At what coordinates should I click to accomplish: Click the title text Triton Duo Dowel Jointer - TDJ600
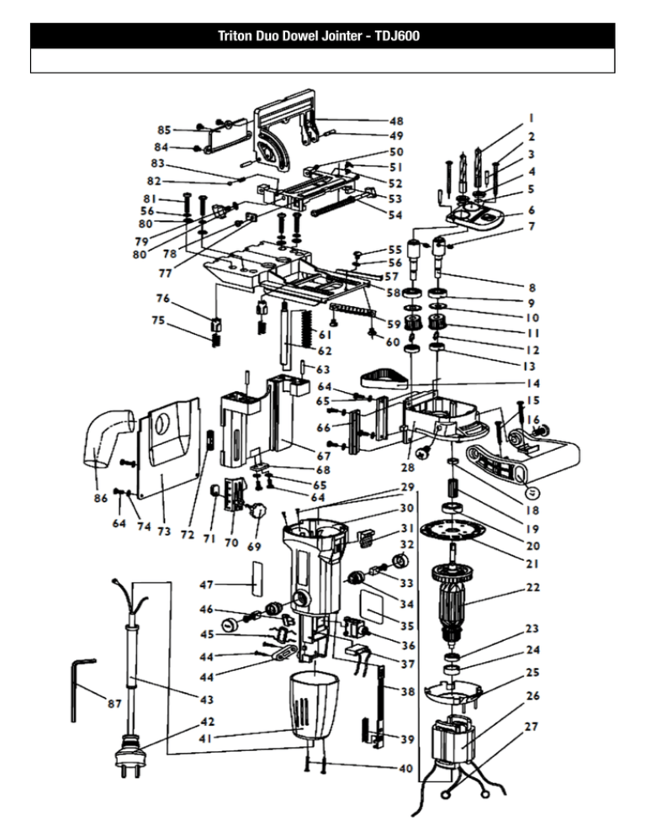[319, 35]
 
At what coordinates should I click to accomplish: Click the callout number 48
[396, 121]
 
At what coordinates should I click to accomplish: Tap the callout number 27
[531, 726]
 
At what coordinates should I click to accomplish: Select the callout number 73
[164, 531]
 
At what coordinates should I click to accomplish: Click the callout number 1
[532, 118]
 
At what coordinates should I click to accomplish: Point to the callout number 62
[325, 351]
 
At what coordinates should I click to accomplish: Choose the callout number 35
[407, 626]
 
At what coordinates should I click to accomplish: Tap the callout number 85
[164, 130]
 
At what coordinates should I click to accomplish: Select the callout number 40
[406, 768]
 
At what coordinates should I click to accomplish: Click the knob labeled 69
[258, 511]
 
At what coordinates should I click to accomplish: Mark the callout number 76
[162, 298]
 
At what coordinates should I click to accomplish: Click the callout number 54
[395, 214]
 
